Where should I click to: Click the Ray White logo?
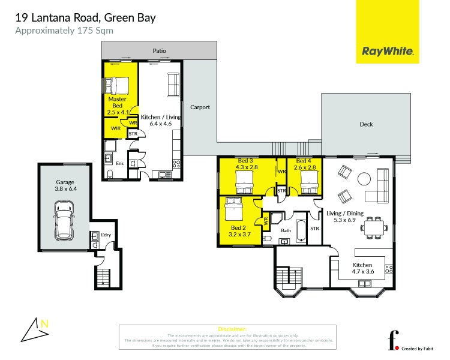coord(388,52)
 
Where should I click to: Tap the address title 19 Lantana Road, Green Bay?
coord(85,17)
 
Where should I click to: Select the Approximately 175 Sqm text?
coord(64,30)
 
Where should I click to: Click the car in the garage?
coord(64,220)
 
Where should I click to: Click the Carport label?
coord(200,107)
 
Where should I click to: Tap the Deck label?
coord(366,124)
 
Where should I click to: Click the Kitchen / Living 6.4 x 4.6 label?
coord(160,120)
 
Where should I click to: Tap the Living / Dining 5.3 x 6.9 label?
coord(345,217)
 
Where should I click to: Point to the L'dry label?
coord(106,235)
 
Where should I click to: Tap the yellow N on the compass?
coord(44,323)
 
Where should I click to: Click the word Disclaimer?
coord(232,329)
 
